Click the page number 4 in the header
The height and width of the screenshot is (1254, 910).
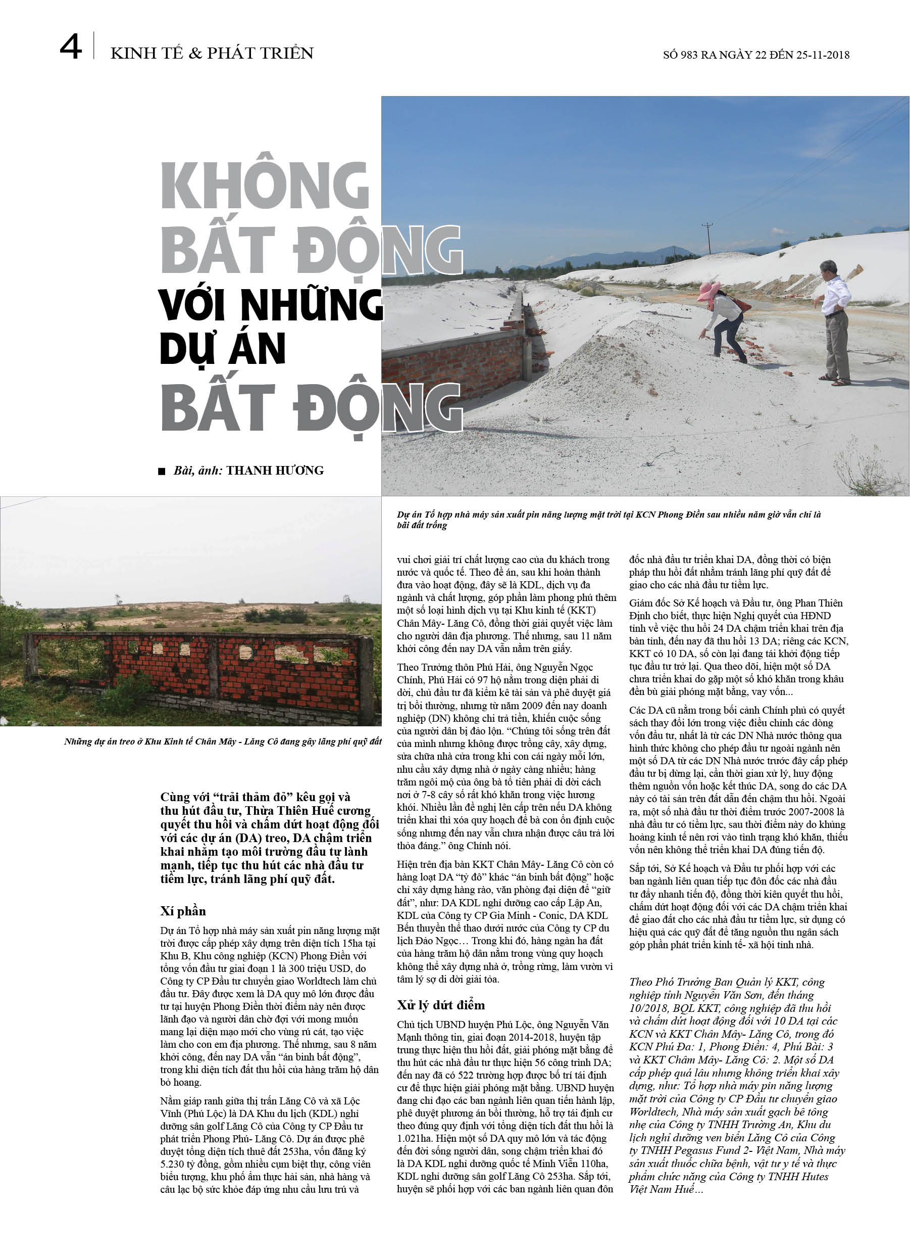pyautogui.click(x=70, y=48)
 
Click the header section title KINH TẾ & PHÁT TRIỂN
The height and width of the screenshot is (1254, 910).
pyautogui.click(x=212, y=54)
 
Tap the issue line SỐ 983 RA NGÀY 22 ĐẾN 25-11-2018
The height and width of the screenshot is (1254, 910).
pyautogui.click(x=756, y=55)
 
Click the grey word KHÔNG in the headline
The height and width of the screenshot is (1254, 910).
pyautogui.click(x=265, y=186)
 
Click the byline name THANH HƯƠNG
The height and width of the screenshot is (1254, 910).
pyautogui.click(x=275, y=471)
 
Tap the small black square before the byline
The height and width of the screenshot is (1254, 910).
pyautogui.click(x=162, y=472)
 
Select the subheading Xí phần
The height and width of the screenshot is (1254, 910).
pyautogui.click(x=183, y=911)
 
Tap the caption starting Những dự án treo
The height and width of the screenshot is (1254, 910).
pyautogui.click(x=223, y=741)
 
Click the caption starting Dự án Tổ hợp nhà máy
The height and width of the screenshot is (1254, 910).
pyautogui.click(x=608, y=519)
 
